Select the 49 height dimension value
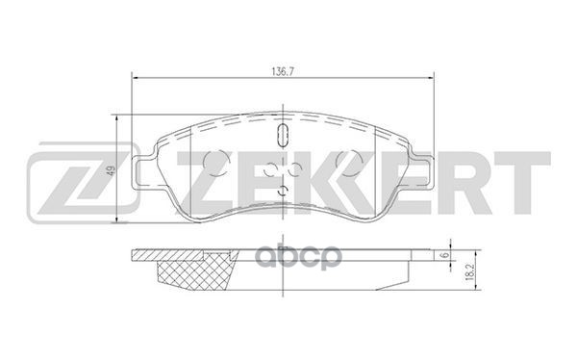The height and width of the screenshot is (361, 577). coord(112,171)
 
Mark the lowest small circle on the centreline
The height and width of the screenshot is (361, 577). coord(284,188)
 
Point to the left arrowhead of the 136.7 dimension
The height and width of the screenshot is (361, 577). coord(136,78)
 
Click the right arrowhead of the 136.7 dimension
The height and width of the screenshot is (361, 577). coord(430,78)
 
